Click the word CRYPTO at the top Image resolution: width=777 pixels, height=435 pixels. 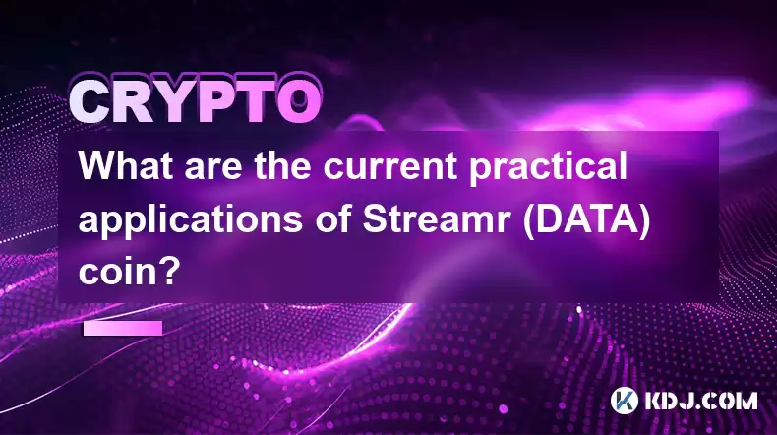[x=195, y=101]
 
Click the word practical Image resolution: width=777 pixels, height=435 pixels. [x=548, y=167]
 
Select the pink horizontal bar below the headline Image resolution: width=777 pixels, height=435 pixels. [x=123, y=328]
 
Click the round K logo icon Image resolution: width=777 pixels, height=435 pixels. [x=625, y=401]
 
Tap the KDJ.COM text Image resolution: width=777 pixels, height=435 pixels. [x=700, y=401]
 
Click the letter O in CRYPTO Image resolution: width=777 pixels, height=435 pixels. [x=298, y=101]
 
